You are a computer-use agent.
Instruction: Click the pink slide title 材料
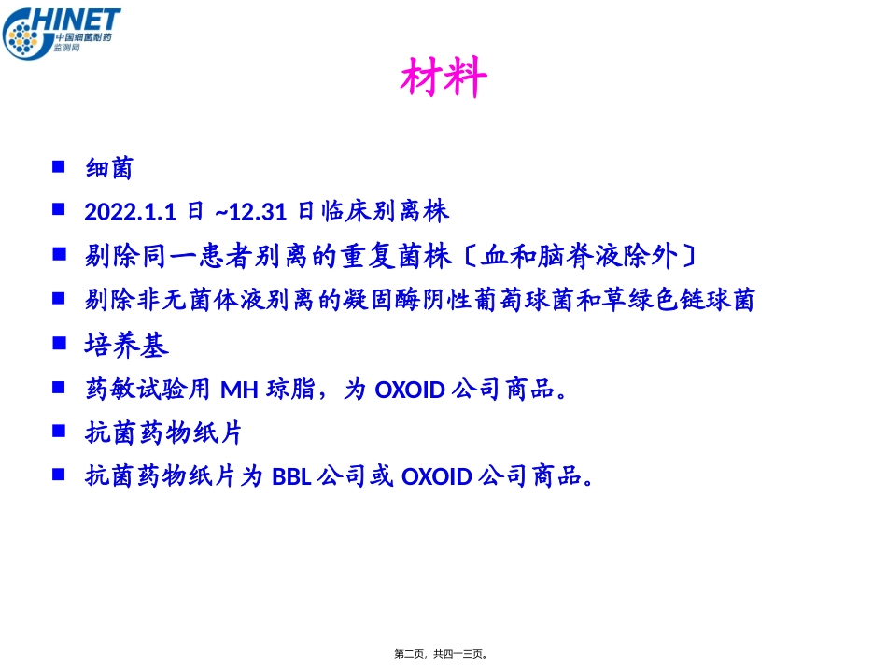pyautogui.click(x=443, y=78)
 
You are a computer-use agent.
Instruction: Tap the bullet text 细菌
pyautogui.click(x=109, y=168)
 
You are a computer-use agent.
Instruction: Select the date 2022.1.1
pyautogui.click(x=130, y=212)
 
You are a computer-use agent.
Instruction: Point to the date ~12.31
pyautogui.click(x=249, y=212)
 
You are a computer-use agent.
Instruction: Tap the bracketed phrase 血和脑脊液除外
pyautogui.click(x=579, y=256)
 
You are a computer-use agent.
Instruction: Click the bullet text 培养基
pyautogui.click(x=127, y=346)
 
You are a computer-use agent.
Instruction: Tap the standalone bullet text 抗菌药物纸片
pyautogui.click(x=163, y=433)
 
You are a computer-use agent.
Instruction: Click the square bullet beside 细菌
pyautogui.click(x=59, y=166)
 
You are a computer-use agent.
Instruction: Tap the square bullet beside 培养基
pyautogui.click(x=59, y=344)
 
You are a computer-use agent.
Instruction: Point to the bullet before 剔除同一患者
pyautogui.click(x=59, y=254)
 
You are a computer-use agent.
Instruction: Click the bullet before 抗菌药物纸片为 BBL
pyautogui.click(x=59, y=475)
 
